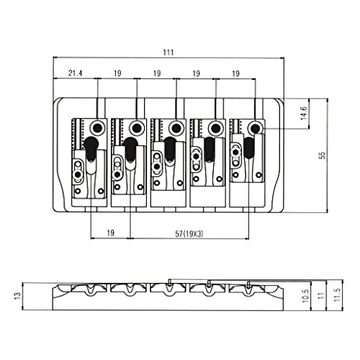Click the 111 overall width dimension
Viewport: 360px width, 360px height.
click(x=168, y=53)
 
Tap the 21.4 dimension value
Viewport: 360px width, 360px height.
click(x=75, y=73)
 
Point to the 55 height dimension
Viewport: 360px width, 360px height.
click(x=323, y=155)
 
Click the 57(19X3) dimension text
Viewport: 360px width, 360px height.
click(x=189, y=233)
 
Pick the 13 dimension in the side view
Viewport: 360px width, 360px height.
click(x=18, y=296)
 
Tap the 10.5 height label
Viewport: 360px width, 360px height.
click(x=305, y=296)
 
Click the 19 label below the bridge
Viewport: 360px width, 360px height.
click(x=110, y=233)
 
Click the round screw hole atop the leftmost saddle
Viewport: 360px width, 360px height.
click(x=98, y=127)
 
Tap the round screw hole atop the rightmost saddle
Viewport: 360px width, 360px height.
click(x=256, y=129)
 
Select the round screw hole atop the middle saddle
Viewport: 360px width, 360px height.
click(x=176, y=128)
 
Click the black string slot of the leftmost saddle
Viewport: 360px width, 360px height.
click(x=91, y=149)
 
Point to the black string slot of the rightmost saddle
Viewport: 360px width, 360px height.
click(x=249, y=148)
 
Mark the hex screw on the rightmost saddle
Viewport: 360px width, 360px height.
click(x=235, y=152)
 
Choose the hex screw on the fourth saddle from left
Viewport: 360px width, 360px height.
click(x=197, y=156)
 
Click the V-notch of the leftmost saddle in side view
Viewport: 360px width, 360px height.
click(x=91, y=289)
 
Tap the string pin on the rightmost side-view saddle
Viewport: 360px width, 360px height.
click(x=248, y=284)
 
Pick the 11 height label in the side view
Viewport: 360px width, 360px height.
click(x=322, y=295)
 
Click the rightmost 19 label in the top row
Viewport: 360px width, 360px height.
click(x=236, y=73)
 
